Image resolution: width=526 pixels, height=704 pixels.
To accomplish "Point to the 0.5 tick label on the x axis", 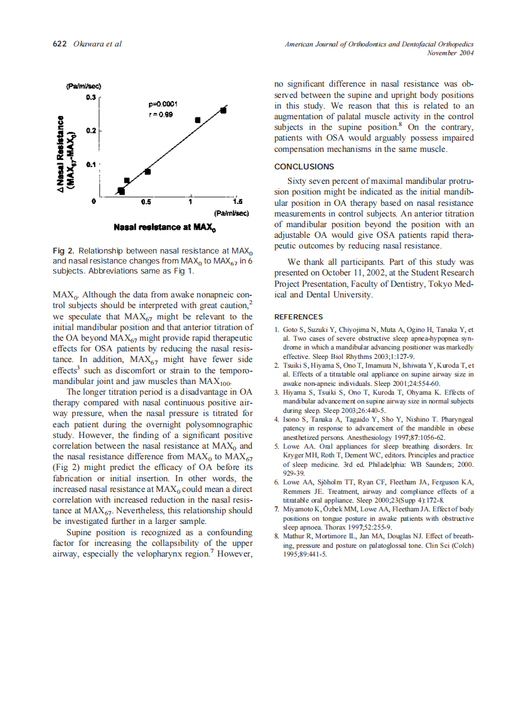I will tap(146, 202).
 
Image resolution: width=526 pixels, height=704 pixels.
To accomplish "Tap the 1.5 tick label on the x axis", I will tap(237, 202).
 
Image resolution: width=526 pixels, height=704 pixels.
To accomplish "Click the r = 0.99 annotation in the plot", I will tap(161, 115).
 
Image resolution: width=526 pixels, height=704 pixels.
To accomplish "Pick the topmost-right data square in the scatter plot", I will tap(223, 110).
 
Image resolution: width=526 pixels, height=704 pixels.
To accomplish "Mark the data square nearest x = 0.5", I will tap(148, 171).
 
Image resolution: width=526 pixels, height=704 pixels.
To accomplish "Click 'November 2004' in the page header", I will tap(450, 53).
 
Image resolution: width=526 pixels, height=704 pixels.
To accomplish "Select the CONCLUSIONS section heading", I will tap(304, 167).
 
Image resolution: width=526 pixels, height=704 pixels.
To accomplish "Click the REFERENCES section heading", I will tap(299, 317).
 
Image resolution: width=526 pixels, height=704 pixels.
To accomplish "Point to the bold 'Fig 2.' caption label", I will tap(64, 251).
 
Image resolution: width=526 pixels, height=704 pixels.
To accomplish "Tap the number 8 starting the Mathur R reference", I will tap(277, 536).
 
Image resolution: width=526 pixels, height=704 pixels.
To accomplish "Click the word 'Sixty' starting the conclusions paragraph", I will tap(299, 181).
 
